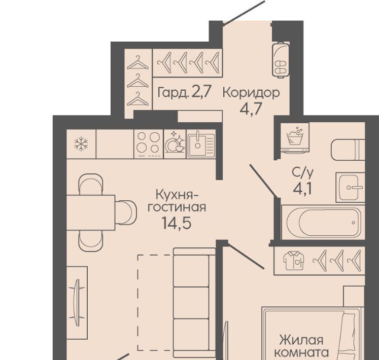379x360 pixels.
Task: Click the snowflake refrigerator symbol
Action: tap(81, 144)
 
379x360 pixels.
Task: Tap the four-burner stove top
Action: tap(149, 144)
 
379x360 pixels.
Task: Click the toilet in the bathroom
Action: tap(348, 150)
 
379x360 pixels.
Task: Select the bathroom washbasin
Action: tap(350, 187)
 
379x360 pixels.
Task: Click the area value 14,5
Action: tap(177, 223)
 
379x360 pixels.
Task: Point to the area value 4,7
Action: tap(251, 109)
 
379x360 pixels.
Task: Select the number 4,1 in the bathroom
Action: tap(302, 189)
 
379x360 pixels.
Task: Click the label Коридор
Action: tap(251, 93)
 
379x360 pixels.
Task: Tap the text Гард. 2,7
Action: tap(185, 92)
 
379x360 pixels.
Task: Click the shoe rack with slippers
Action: tap(281, 60)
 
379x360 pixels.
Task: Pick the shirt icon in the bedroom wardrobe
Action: tap(294, 261)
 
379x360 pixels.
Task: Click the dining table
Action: tap(91, 212)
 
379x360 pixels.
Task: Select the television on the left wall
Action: tap(77, 303)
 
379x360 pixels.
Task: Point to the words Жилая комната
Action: tap(302, 346)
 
